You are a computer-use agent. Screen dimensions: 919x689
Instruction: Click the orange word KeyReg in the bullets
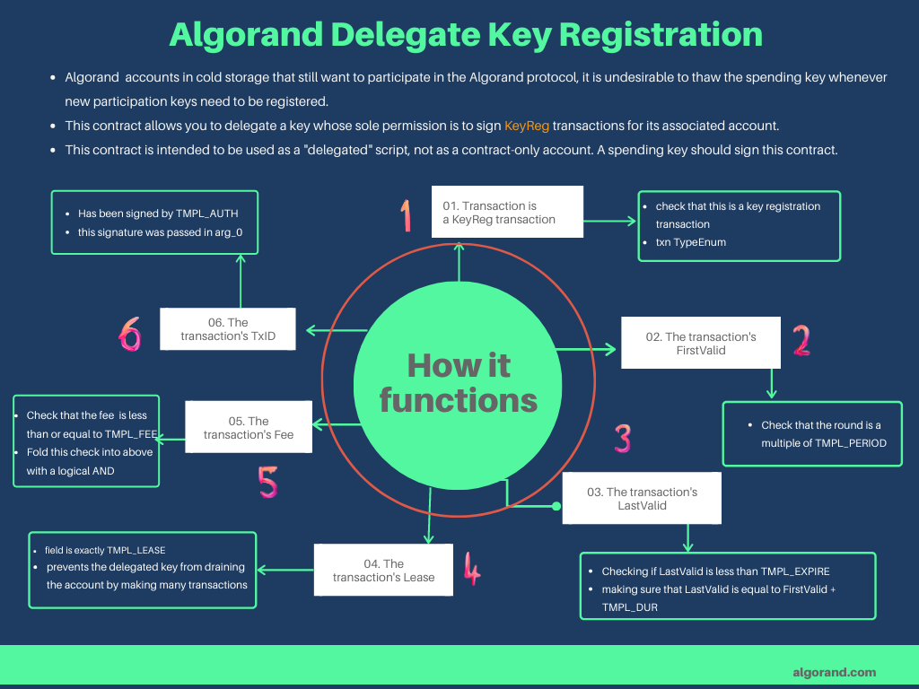point(527,126)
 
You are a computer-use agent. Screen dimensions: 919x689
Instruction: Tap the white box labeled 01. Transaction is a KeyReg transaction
point(507,213)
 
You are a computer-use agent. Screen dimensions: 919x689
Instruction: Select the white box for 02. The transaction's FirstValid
point(701,343)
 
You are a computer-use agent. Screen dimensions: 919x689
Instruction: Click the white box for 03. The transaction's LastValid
point(642,499)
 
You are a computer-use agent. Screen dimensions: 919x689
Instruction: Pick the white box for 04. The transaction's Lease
point(383,570)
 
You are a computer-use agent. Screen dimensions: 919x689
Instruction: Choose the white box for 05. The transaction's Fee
point(248,427)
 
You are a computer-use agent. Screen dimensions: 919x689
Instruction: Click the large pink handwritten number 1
point(407,215)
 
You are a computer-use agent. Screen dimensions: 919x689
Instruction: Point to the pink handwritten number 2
point(801,340)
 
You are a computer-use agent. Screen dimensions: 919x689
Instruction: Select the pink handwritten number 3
point(623,439)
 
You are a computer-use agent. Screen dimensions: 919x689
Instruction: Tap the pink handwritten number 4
point(471,568)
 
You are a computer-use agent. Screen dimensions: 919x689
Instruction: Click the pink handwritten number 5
point(267,482)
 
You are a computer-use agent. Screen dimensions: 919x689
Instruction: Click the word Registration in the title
point(661,34)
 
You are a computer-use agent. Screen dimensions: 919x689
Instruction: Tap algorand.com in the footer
point(834,672)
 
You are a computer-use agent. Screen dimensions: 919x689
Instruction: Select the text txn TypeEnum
point(691,242)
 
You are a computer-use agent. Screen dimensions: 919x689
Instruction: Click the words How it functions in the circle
point(459,382)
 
